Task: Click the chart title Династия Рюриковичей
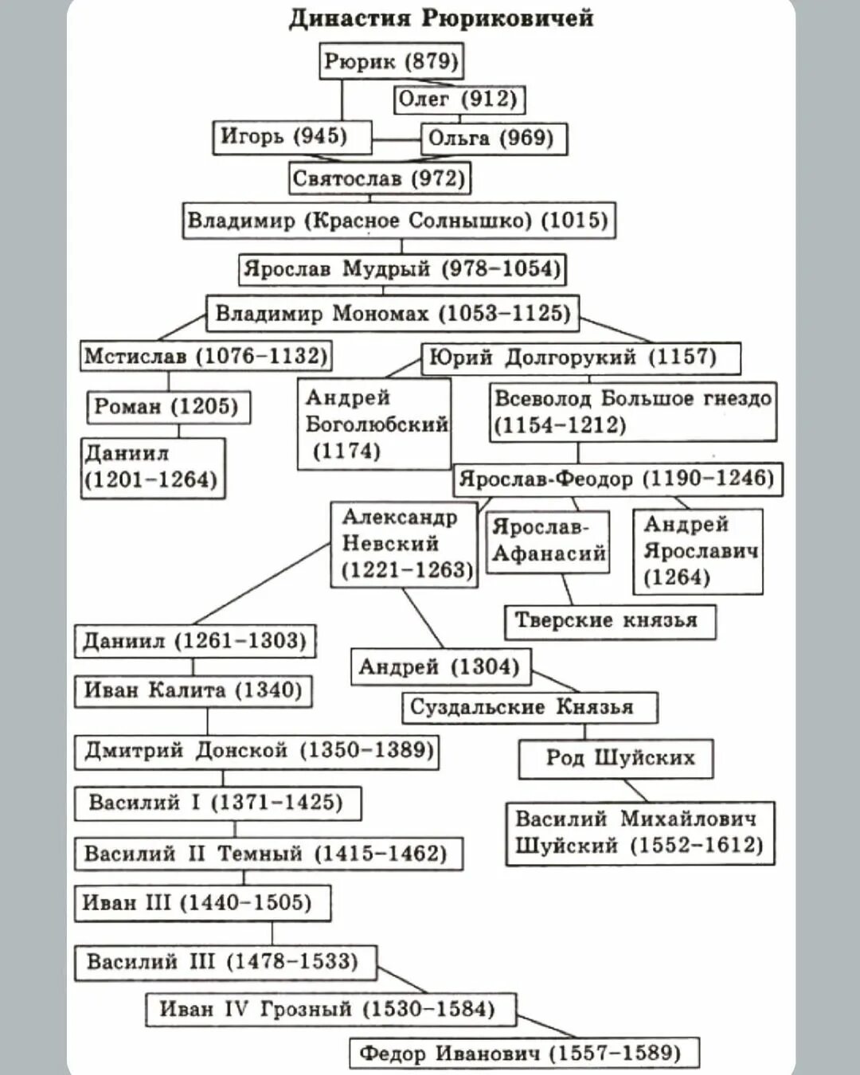pos(441,18)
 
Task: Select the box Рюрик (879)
pos(391,61)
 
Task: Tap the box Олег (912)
pos(459,100)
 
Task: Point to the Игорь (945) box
pos(291,136)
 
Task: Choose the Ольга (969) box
pos(492,139)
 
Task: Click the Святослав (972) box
pos(379,178)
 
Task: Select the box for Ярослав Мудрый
pos(402,269)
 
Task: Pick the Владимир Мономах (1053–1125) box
pos(392,313)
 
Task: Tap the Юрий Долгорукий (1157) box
pos(580,358)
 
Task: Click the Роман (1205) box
pos(167,407)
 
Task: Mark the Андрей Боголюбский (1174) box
pos(374,424)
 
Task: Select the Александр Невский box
pos(404,544)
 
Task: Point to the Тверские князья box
pos(609,621)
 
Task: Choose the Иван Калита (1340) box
pos(193,690)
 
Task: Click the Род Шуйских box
pos(616,758)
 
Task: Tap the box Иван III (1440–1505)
pos(202,903)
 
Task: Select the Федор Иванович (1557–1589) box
pos(524,1053)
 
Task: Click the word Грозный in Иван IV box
pos(306,1009)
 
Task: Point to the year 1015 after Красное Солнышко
pos(574,221)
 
